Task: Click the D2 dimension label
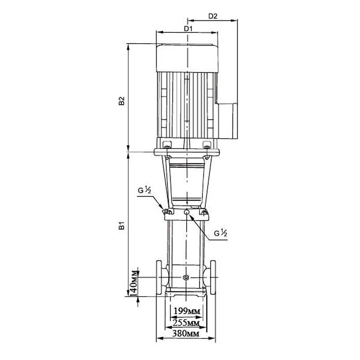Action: pos(212,16)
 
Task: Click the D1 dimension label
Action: pos(188,28)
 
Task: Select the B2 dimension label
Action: pos(121,101)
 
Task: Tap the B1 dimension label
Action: pos(121,225)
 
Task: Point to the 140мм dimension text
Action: pos(134,284)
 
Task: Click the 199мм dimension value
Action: pos(187,311)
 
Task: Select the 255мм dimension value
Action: pos(186,323)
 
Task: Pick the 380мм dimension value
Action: pos(186,333)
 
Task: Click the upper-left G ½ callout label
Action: pos(144,190)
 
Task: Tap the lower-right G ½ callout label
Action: pos(220,233)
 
